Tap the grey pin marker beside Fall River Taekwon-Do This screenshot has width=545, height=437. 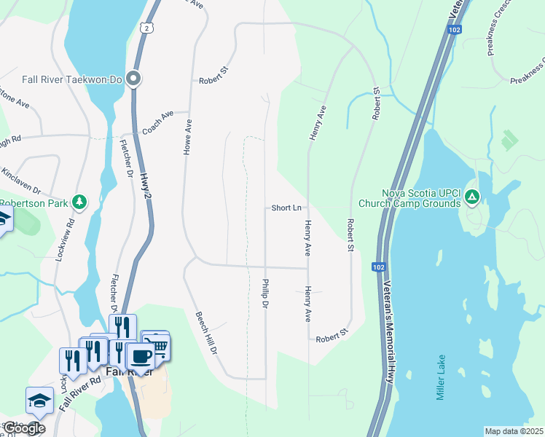click(x=133, y=78)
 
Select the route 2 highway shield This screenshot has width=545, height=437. click(x=147, y=28)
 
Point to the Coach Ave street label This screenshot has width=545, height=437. click(x=158, y=122)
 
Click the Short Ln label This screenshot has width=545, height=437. click(x=286, y=208)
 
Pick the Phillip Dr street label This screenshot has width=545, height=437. click(x=266, y=293)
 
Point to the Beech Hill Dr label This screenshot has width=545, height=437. click(x=207, y=333)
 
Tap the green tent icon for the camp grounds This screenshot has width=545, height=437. click(x=472, y=197)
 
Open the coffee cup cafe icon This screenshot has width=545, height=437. click(x=141, y=357)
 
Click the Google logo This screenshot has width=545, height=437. click(x=24, y=428)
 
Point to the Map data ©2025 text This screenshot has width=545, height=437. click(x=514, y=431)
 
